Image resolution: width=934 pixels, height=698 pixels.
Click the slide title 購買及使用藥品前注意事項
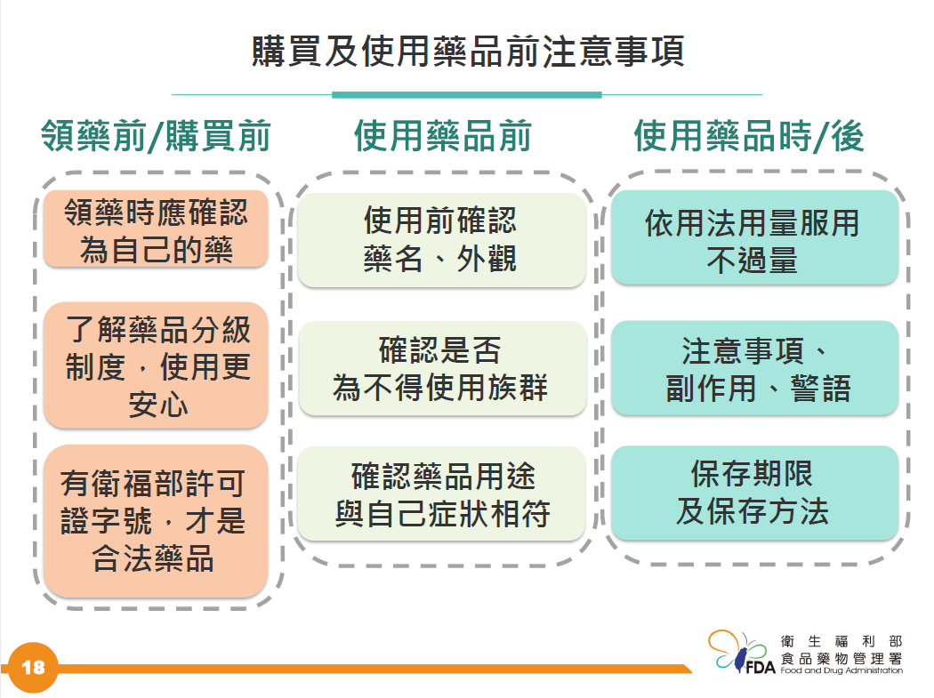468,52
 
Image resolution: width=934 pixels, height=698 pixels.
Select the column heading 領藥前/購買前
156,136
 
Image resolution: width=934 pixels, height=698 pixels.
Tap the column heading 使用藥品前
443,136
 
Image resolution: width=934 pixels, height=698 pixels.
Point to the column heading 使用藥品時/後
749,136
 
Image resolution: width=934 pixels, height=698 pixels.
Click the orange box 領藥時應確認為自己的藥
156,229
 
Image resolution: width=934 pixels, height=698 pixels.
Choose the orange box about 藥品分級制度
156,365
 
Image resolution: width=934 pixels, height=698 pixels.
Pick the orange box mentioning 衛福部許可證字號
156,521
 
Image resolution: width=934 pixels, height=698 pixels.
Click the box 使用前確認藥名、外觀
441,240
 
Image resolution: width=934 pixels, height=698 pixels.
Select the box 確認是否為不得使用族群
441,368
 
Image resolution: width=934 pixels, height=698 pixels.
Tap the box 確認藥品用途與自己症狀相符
441,493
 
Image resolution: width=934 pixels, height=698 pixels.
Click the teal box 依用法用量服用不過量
754,237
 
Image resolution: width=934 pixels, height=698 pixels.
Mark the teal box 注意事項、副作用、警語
754,368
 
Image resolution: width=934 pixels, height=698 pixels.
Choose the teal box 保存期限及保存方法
754,493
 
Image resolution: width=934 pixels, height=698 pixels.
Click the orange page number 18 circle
34,668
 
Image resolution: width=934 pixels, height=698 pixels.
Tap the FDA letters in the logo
760,668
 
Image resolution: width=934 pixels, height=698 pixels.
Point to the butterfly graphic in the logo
737,650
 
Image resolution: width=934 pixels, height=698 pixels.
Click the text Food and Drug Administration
841,670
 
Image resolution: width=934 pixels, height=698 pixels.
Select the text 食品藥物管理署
841,658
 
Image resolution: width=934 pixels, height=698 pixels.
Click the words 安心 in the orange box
157,405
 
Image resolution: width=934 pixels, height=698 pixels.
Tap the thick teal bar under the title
466,94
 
